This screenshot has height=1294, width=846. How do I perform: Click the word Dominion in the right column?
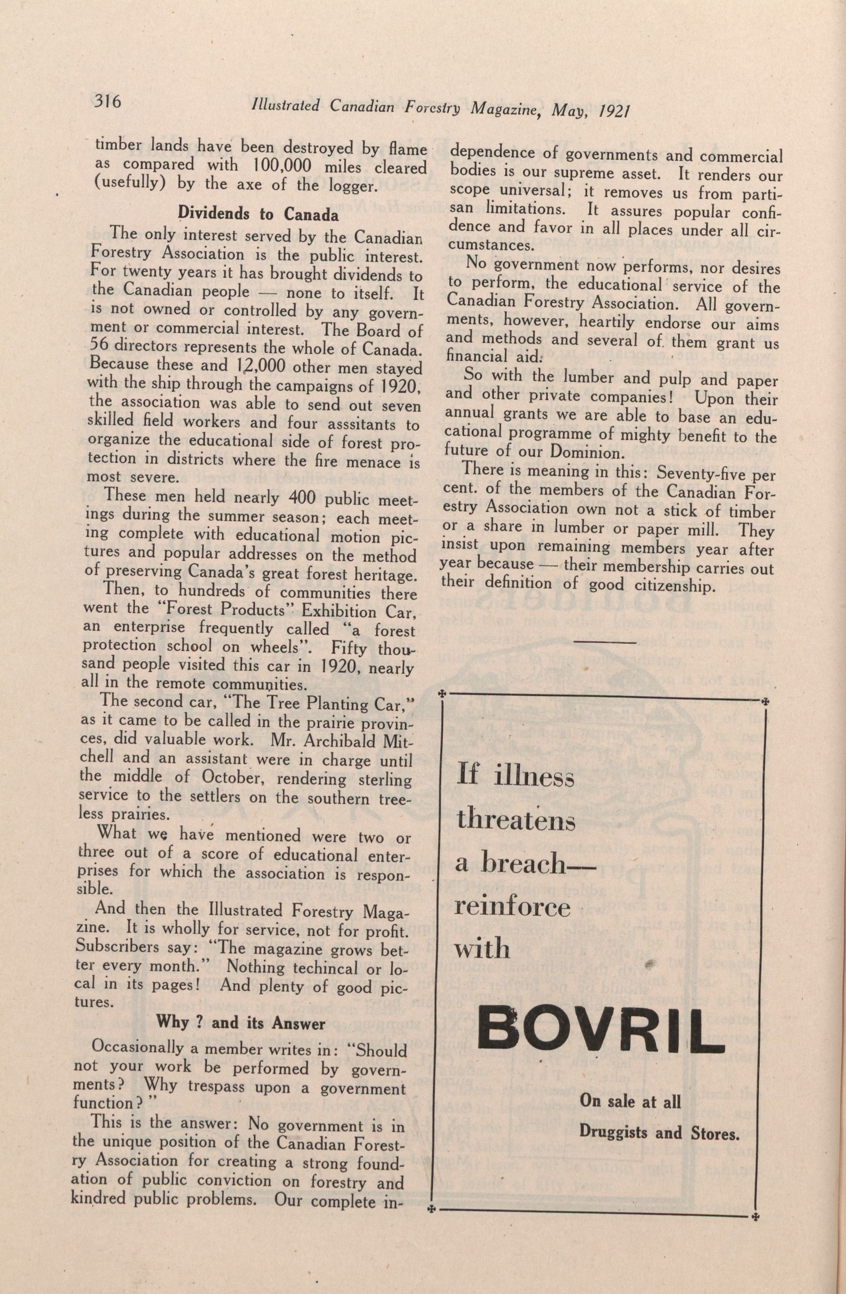pos(584,452)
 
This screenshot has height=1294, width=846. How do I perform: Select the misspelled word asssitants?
pos(345,423)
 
